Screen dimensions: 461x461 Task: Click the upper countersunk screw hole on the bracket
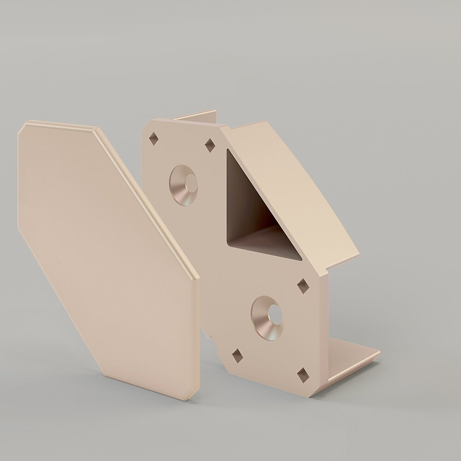tap(183, 185)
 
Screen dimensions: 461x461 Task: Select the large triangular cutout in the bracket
tap(251, 217)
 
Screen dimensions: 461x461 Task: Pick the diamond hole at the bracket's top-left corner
tap(154, 139)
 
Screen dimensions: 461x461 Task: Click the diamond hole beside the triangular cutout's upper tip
tap(210, 145)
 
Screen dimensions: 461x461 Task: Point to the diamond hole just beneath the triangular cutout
tap(303, 286)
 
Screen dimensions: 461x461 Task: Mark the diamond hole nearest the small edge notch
tap(237, 355)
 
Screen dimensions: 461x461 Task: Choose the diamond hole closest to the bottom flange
tap(302, 375)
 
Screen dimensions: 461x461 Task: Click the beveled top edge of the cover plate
tap(60, 124)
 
